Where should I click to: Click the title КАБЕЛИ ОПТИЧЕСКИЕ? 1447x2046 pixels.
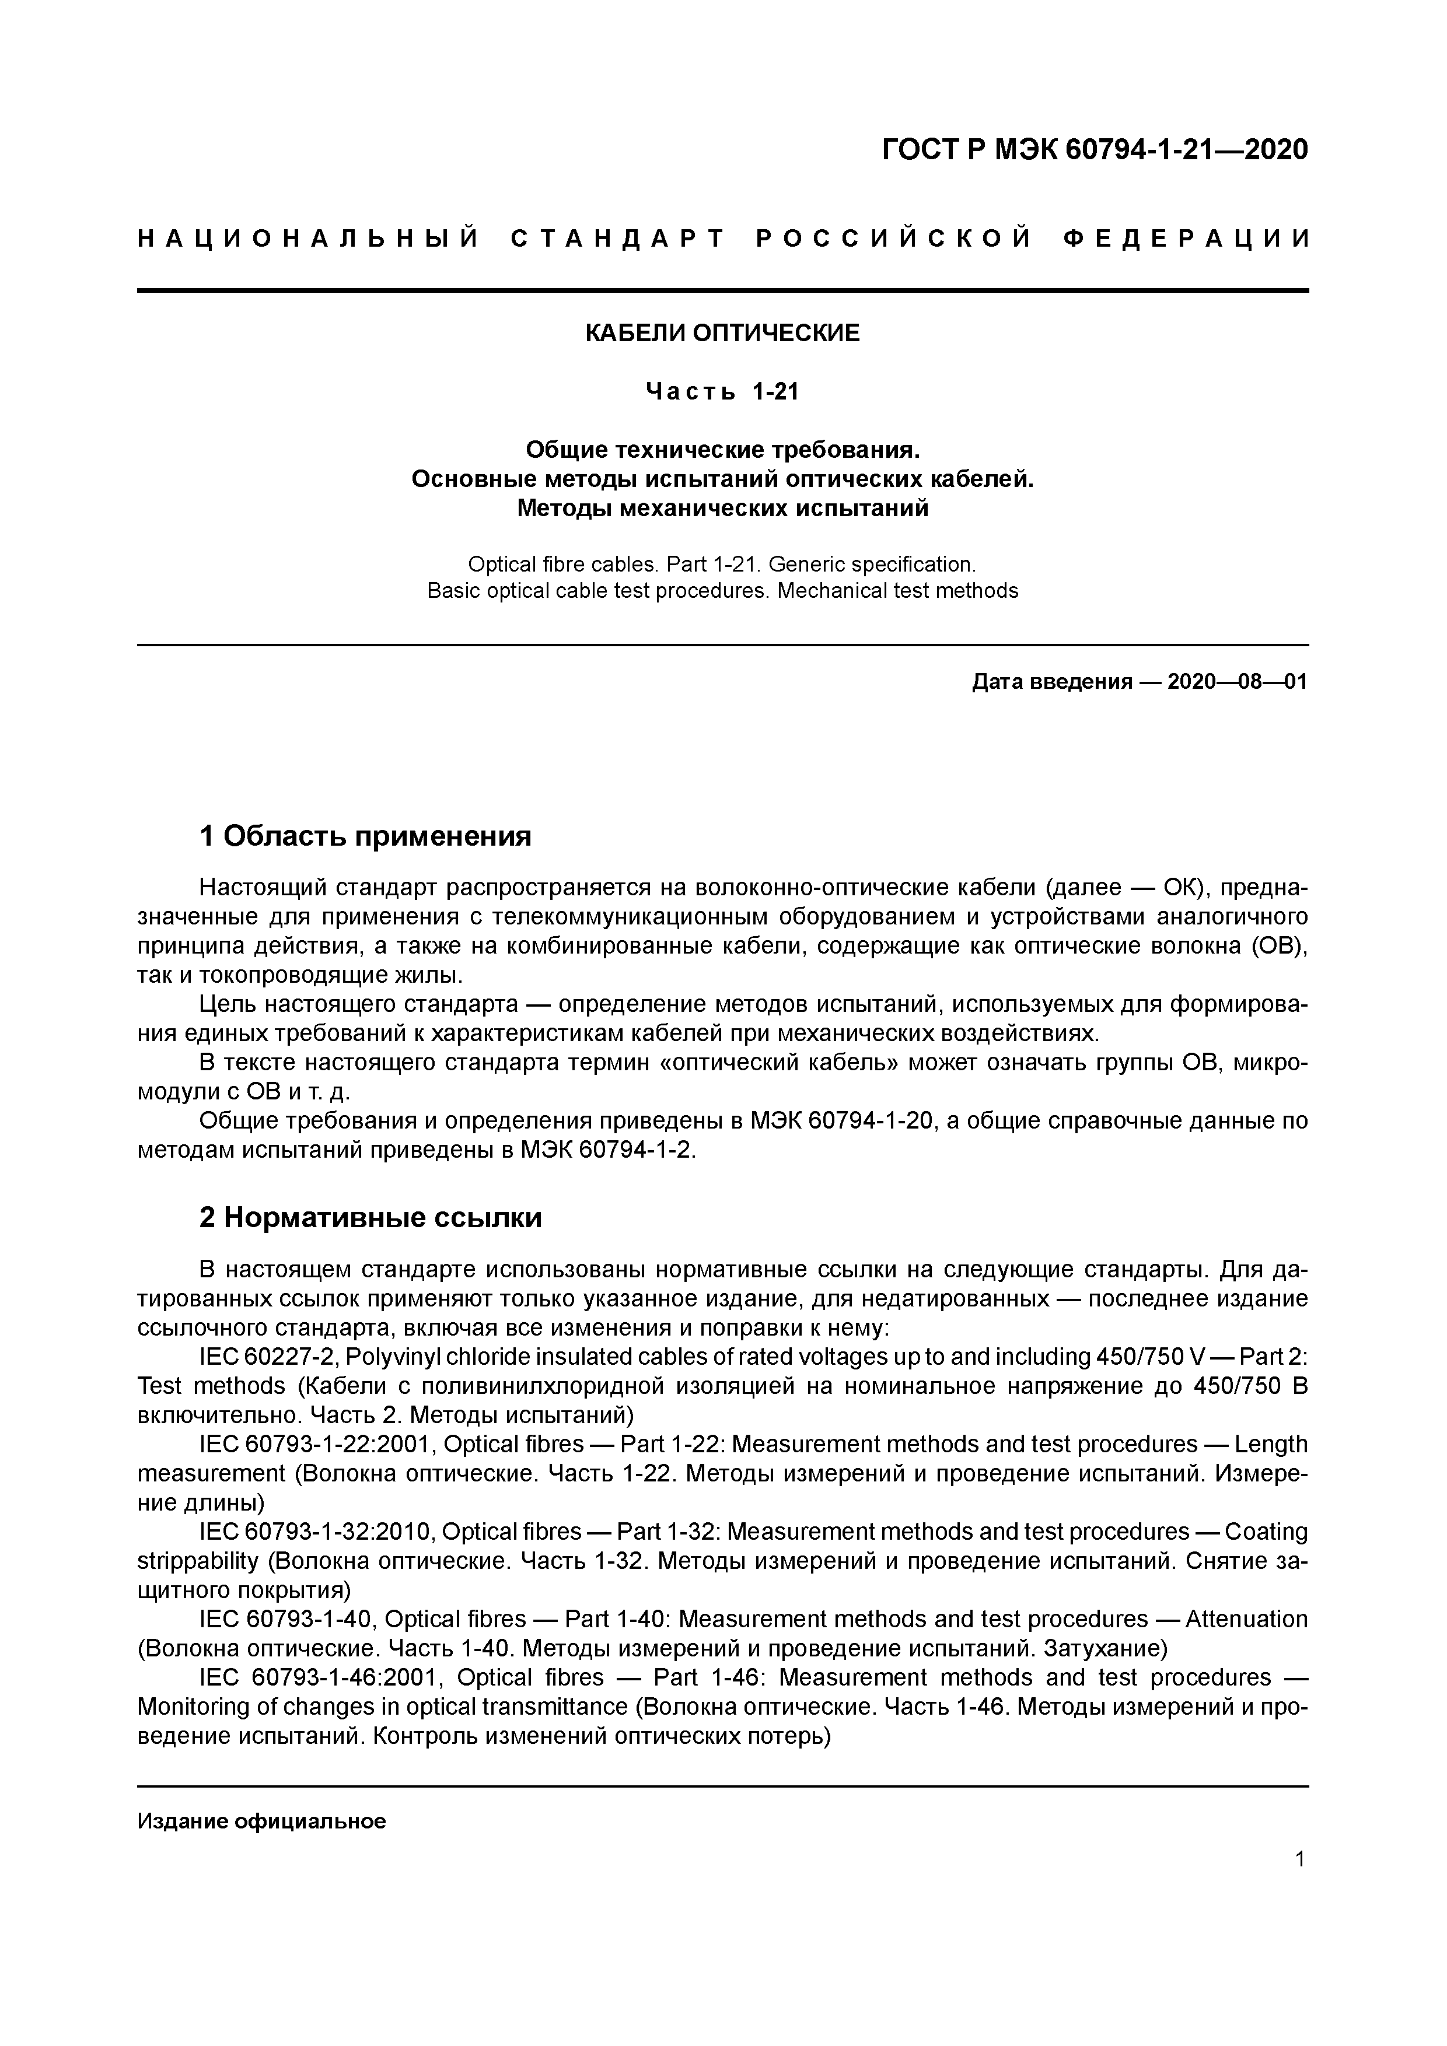tap(722, 333)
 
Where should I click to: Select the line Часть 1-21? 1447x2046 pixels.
tap(722, 391)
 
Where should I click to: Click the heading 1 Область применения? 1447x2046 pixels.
tap(365, 836)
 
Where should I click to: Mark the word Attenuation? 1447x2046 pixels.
tap(1246, 1619)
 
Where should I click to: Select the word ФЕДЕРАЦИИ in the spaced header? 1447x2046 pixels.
tap(1187, 239)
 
